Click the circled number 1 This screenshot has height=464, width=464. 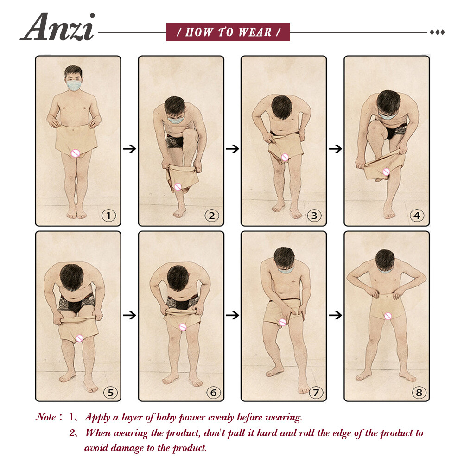[x=109, y=215]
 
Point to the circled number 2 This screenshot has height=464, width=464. [x=212, y=215]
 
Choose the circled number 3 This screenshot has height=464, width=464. [x=315, y=215]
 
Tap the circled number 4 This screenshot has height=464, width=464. [x=418, y=215]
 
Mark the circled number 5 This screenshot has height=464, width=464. [x=109, y=393]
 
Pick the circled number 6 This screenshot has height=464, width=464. [x=212, y=393]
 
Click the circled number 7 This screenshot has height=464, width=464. [x=315, y=393]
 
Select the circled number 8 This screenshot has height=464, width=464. [x=418, y=393]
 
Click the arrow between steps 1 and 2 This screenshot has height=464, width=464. [x=130, y=149]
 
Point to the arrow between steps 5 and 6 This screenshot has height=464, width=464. [x=130, y=315]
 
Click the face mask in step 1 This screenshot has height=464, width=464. [x=73, y=85]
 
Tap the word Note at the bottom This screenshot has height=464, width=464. [x=46, y=417]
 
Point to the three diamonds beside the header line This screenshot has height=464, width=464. [x=437, y=32]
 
